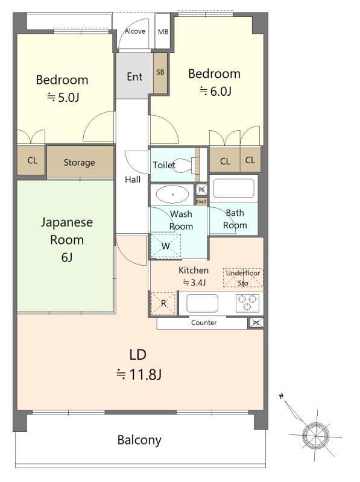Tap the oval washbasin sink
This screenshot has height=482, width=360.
coord(172,194)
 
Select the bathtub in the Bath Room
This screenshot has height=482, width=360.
coord(233,188)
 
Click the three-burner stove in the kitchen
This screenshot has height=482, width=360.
coord(247,303)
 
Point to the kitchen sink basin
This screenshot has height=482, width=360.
coord(202,303)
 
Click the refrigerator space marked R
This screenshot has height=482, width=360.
coord(163,304)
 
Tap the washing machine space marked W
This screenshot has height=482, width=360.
coord(166,246)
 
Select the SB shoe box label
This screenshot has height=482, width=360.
coord(160,72)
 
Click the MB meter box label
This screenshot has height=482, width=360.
coord(163,32)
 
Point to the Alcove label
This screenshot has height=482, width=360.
coord(134,31)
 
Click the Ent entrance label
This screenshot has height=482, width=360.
coord(134,77)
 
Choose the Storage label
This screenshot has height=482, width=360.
coord(80,162)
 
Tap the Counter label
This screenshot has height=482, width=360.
coord(204,322)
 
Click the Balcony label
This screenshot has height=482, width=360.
coord(139,440)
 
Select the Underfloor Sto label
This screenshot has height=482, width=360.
coord(243,278)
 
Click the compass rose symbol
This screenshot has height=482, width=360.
coord(315,435)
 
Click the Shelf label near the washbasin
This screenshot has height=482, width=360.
coord(201,202)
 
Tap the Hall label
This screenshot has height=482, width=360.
coord(133,180)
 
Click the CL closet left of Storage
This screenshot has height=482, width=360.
coord(33,160)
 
